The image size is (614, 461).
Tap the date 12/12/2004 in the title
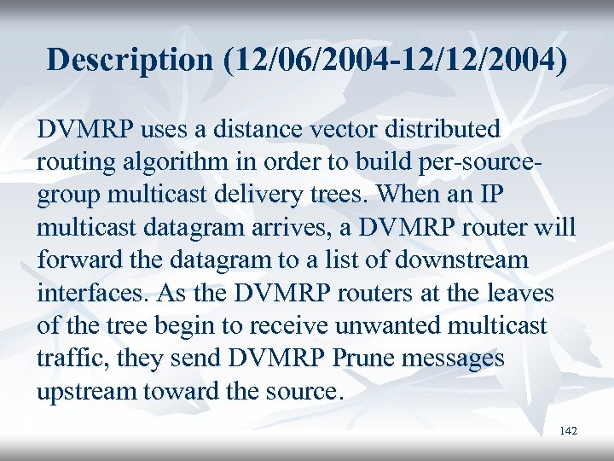pyautogui.click(x=478, y=59)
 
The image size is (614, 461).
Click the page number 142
pyautogui.click(x=569, y=431)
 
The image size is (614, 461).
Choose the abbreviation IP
pyautogui.click(x=492, y=195)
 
